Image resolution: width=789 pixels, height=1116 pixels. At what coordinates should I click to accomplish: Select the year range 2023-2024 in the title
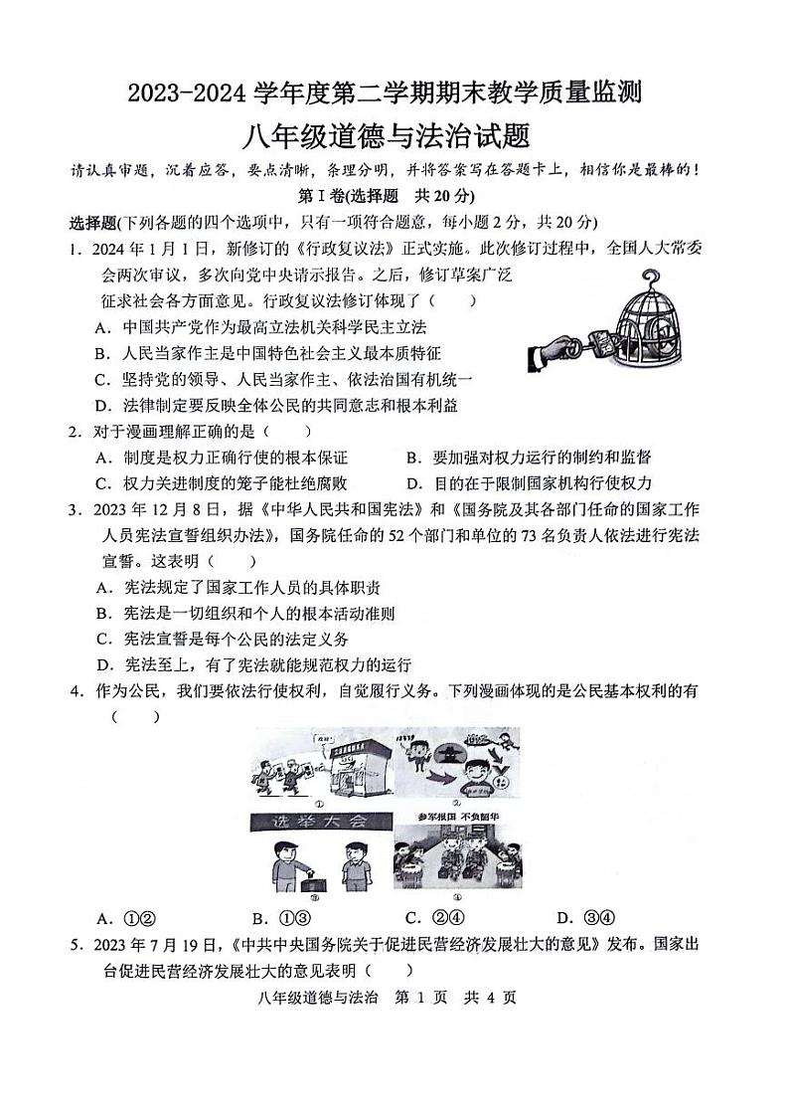[x=189, y=93]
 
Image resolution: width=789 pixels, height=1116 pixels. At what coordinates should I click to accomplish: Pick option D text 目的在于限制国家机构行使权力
[x=543, y=483]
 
